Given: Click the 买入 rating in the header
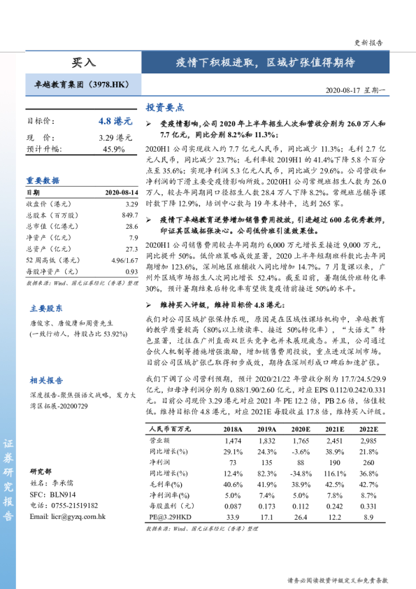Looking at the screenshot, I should click(x=84, y=62).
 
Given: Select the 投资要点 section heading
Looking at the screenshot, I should click(x=164, y=108).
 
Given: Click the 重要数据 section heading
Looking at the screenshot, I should click(x=43, y=180).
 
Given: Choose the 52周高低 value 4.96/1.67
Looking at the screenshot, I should click(x=124, y=260).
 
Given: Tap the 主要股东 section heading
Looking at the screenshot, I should click(x=46, y=308).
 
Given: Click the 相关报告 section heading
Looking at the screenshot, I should click(x=46, y=381).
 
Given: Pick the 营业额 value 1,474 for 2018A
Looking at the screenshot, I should click(x=233, y=441).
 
